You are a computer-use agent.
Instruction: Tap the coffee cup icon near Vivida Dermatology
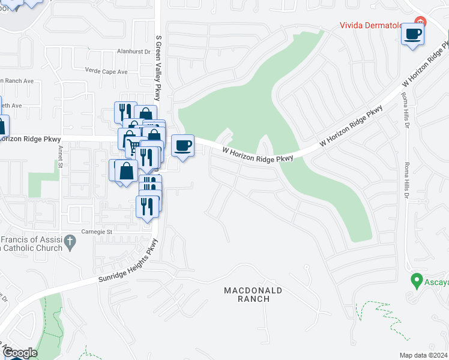(x=412, y=34)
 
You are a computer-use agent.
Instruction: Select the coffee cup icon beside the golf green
(x=183, y=145)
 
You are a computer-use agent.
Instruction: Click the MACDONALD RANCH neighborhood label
(x=253, y=294)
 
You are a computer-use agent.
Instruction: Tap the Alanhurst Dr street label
(x=133, y=52)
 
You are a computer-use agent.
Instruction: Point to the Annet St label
(x=61, y=160)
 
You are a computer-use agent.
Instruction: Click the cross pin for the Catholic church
(x=70, y=242)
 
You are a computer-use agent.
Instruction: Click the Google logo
(x=19, y=353)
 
